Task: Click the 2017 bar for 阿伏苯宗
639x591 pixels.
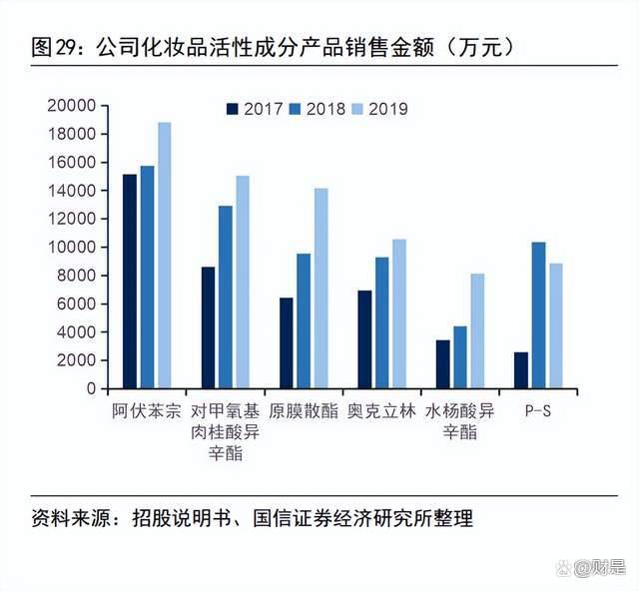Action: tap(130, 281)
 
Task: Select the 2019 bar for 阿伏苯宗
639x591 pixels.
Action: tap(164, 255)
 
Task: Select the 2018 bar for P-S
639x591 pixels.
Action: tap(538, 314)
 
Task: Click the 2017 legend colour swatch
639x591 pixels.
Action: tap(233, 110)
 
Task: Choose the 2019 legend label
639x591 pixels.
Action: tap(388, 110)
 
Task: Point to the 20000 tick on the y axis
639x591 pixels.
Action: tap(71, 105)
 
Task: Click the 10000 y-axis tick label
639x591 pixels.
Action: tap(71, 247)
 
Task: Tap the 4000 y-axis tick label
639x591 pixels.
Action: tap(75, 331)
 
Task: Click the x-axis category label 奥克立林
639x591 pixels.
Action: tap(379, 410)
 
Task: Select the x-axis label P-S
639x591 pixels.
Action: tap(538, 410)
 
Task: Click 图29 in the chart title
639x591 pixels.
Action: tap(57, 46)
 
